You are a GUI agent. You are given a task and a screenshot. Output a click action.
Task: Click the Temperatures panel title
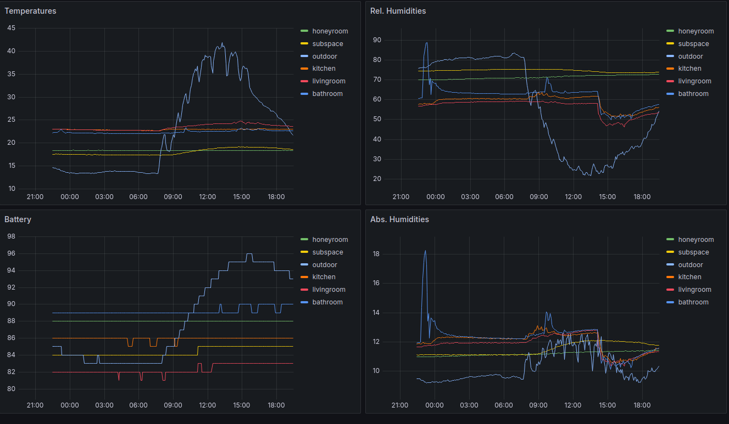point(30,11)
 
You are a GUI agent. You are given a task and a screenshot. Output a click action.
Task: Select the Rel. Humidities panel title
point(398,11)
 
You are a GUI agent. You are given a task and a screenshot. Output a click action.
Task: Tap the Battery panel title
point(18,219)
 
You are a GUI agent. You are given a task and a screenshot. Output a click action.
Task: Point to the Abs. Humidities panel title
point(399,219)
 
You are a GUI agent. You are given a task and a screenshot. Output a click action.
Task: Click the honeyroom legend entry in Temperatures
point(330,31)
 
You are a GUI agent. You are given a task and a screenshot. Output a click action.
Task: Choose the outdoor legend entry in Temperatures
point(325,56)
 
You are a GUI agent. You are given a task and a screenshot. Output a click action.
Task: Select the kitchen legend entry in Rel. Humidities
point(689,69)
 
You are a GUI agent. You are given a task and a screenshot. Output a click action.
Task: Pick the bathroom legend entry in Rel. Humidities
point(693,94)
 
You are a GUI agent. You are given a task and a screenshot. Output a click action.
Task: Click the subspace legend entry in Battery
point(327,252)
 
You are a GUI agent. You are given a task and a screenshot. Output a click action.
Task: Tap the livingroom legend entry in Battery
point(329,290)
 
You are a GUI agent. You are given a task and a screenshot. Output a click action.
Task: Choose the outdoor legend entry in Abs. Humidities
point(691,265)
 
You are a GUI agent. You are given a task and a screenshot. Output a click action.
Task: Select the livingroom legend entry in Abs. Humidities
point(694,290)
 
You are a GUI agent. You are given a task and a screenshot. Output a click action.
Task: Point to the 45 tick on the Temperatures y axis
point(12,29)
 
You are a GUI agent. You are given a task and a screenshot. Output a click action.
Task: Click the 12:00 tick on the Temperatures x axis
point(207,197)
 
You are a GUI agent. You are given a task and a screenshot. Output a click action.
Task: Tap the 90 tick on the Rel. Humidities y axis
point(377,40)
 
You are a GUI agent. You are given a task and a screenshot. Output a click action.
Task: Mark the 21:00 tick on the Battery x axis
point(35,405)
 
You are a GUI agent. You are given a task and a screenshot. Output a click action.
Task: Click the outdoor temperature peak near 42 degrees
point(222,43)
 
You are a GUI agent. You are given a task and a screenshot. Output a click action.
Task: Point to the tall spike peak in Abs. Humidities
point(425,251)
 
